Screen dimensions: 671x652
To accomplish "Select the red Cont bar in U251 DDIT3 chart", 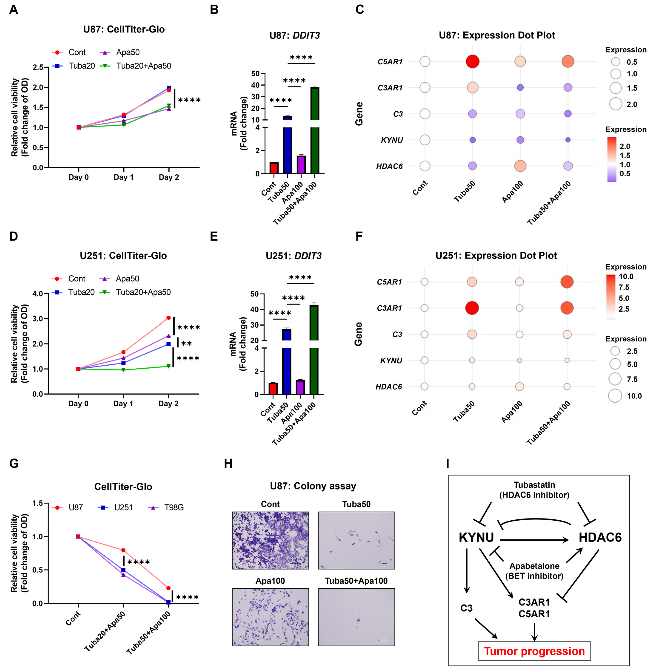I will pyautogui.click(x=273, y=389).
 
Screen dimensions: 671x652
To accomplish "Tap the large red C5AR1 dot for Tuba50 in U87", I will pyautogui.click(x=473, y=62).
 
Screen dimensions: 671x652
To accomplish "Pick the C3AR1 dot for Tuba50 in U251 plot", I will pyautogui.click(x=472, y=308).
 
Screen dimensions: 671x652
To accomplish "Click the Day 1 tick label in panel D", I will pyautogui.click(x=123, y=403).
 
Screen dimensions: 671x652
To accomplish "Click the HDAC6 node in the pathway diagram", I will pyautogui.click(x=600, y=537).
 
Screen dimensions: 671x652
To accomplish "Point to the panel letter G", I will pyautogui.click(x=14, y=463).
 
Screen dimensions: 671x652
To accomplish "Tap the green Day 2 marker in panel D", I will pyautogui.click(x=168, y=366).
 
